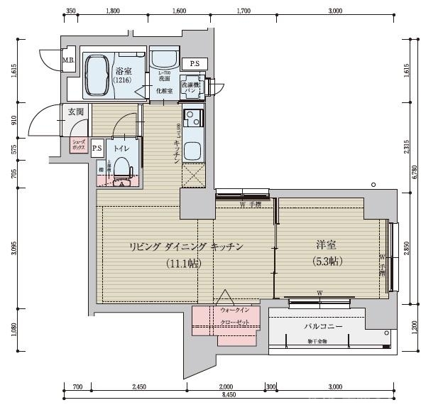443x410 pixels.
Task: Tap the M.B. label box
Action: click(x=68, y=60)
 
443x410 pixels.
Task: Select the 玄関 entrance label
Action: click(x=75, y=112)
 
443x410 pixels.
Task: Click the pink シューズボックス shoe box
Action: click(x=78, y=144)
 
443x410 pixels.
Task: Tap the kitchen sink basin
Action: click(x=192, y=150)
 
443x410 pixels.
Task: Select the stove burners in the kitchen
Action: click(x=192, y=117)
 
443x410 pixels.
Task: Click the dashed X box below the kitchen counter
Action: click(x=192, y=176)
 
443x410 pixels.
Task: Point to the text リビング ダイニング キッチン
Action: click(x=186, y=247)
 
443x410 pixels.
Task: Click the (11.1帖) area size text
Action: click(x=184, y=263)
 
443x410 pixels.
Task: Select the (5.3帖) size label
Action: click(x=327, y=261)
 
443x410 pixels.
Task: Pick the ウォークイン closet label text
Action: click(x=235, y=311)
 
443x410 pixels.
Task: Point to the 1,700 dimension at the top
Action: click(x=243, y=11)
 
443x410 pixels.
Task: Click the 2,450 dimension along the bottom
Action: click(x=138, y=387)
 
